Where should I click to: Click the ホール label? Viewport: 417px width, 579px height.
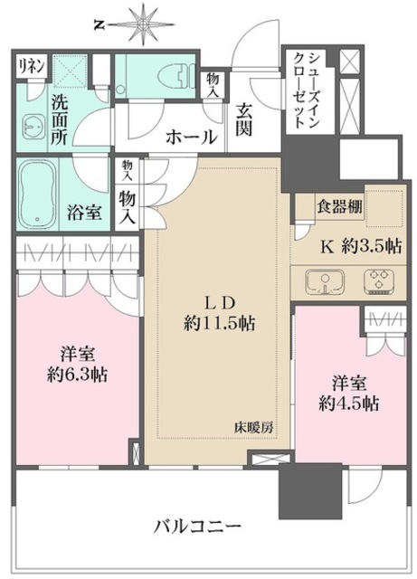(191, 138)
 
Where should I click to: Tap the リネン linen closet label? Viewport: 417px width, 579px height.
(27, 65)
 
